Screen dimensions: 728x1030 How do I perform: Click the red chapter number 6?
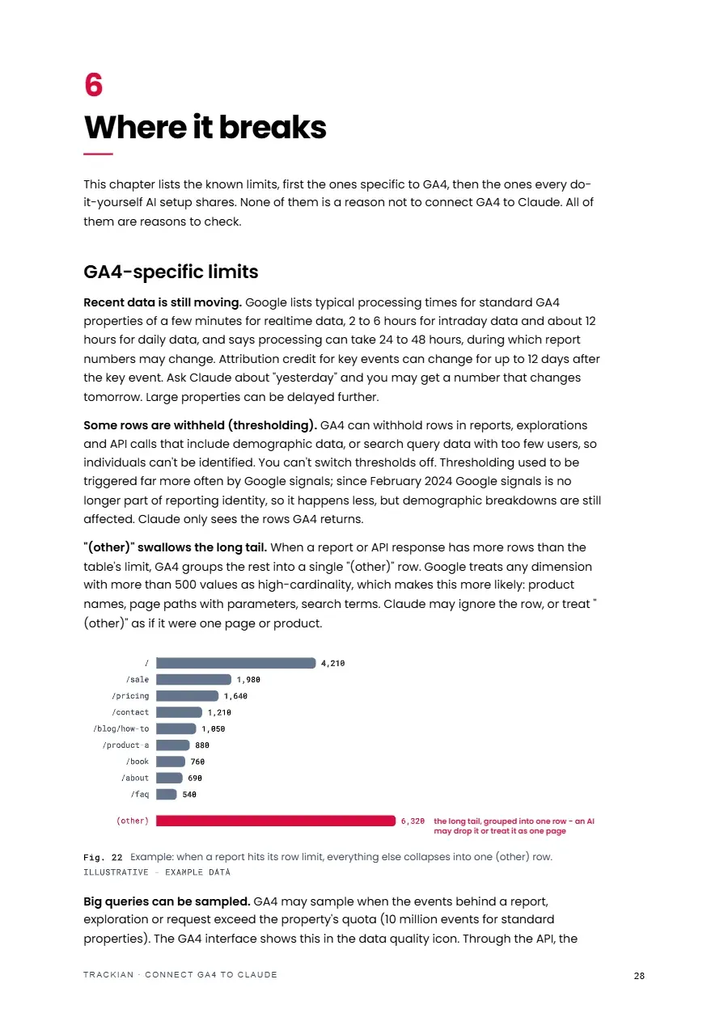pos(93,85)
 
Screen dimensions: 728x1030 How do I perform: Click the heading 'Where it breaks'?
pos(205,127)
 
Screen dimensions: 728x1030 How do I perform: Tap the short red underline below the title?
pos(98,154)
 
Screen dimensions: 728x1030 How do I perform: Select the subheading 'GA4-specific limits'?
pos(171,272)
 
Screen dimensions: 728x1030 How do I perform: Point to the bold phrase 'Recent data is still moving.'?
pos(163,302)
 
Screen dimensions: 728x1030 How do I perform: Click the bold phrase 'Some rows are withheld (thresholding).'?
pos(200,425)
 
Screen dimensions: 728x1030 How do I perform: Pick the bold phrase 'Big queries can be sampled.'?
pos(167,901)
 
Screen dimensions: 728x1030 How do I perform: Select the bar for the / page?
pos(235,663)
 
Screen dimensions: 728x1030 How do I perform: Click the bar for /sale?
pos(193,680)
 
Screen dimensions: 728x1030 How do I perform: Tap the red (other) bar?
pos(276,821)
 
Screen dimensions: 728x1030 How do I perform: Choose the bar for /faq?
pos(166,794)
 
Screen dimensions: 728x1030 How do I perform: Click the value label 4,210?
pos(332,663)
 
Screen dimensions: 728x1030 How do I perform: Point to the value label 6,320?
pos(413,821)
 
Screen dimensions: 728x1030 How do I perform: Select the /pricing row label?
pos(130,696)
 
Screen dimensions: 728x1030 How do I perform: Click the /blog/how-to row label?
pos(121,728)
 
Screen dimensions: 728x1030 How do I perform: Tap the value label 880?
pos(202,745)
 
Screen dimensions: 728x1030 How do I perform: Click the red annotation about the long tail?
pos(514,825)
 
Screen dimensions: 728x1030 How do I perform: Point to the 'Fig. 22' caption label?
pos(103,858)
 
